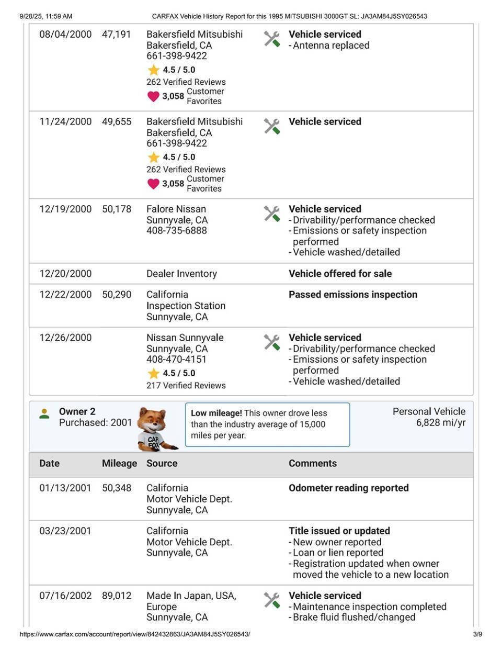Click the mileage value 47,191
116,35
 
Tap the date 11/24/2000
65,122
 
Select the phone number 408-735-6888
176,231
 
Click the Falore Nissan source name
176,209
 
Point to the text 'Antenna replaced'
331,46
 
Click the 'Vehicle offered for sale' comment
340,274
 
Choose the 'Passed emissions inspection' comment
353,295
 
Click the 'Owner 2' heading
77,412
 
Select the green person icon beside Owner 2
44,414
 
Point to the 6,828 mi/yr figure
440,423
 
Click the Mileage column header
119,464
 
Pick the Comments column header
313,464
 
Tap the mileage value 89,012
116,596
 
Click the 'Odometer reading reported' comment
348,488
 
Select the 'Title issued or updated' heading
339,531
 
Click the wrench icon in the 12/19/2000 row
272,214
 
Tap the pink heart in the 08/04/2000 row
153,96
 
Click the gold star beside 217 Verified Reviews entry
153,374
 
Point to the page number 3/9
477,634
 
